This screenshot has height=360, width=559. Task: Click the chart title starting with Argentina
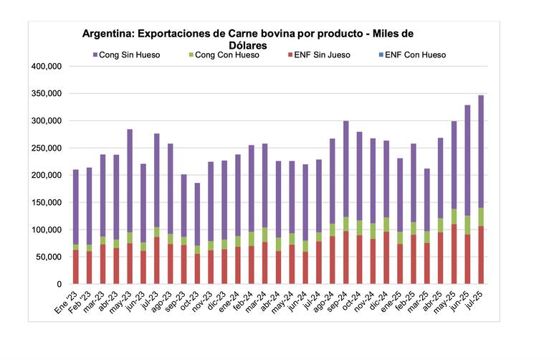[x=247, y=38]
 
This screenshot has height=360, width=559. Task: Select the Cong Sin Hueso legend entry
[x=130, y=55]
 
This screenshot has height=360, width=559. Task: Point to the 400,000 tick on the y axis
[x=47, y=66]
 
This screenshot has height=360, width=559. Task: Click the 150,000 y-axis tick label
[x=47, y=203]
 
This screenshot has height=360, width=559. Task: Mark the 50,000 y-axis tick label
[x=49, y=257]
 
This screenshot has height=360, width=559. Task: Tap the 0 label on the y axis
[x=60, y=285]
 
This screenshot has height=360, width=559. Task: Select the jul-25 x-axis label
[x=474, y=300]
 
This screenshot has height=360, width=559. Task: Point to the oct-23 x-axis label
[x=190, y=301]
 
